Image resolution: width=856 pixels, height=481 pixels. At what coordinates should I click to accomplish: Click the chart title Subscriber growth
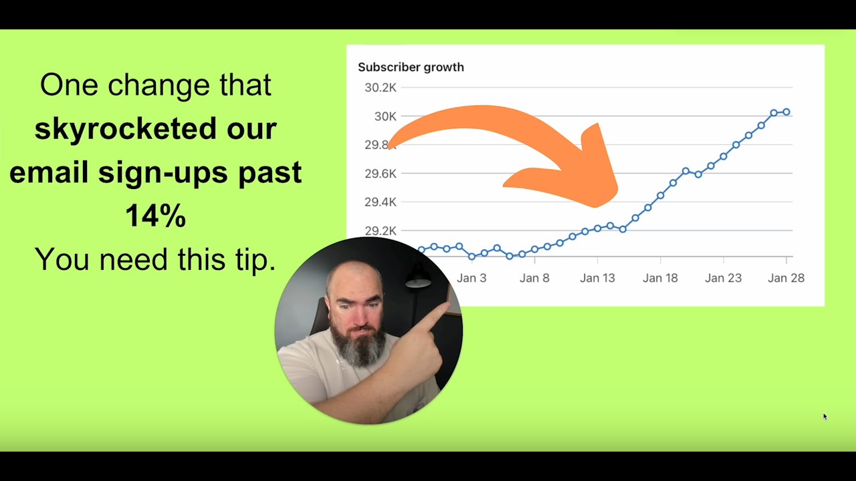click(411, 67)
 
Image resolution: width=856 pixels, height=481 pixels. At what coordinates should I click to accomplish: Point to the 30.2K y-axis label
click(380, 88)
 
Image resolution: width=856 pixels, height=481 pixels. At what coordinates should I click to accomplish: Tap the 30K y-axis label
click(385, 116)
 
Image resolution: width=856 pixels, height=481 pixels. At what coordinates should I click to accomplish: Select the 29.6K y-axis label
click(380, 174)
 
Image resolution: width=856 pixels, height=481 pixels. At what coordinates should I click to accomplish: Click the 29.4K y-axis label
click(380, 202)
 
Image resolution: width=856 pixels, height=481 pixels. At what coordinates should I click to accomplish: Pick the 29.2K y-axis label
click(380, 231)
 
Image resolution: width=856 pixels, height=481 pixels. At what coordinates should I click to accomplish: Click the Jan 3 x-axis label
click(471, 278)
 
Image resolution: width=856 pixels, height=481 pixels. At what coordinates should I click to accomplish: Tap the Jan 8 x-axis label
click(534, 278)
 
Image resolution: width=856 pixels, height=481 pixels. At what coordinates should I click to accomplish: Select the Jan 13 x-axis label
click(597, 278)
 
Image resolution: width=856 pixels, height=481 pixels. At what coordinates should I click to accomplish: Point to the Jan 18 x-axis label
click(660, 278)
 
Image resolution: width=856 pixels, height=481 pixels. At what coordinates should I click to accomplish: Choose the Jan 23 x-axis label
click(723, 278)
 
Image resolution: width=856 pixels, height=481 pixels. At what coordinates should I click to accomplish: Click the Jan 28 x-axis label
click(786, 278)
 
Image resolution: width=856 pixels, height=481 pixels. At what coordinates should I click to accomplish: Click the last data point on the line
click(786, 112)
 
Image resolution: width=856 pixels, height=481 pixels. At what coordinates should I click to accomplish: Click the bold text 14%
click(155, 216)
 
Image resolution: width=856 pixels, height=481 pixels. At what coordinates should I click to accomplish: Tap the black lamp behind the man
click(418, 277)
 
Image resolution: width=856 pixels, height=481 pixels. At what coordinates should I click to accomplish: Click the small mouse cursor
click(825, 416)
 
